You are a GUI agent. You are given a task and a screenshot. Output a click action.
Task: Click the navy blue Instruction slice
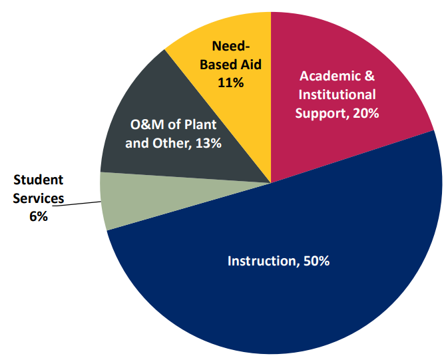(x=280, y=299)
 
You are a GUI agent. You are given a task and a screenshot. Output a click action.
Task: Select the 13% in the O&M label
(x=206, y=143)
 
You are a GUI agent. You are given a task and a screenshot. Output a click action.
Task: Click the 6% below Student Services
(x=39, y=216)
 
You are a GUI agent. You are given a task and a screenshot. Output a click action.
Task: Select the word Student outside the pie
(x=39, y=180)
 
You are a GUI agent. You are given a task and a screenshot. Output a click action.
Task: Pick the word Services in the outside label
(x=39, y=198)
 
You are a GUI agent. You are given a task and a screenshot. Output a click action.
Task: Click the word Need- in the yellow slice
(x=231, y=46)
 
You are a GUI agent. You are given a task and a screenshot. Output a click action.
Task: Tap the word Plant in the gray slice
(x=201, y=124)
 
